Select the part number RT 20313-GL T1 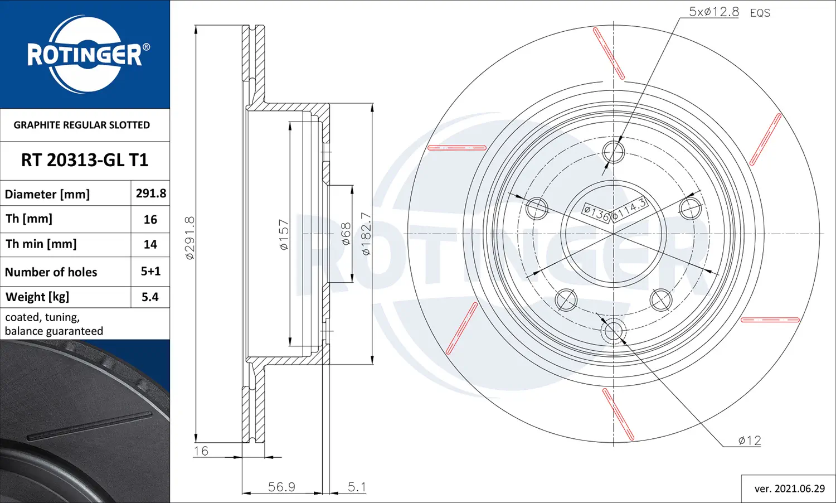85,160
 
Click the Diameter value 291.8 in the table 151,193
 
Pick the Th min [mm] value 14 150,244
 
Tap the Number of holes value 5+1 150,271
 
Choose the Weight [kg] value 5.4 150,297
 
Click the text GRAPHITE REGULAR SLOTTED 82,125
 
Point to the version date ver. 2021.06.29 789,489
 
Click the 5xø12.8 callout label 713,12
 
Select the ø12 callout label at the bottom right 750,441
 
